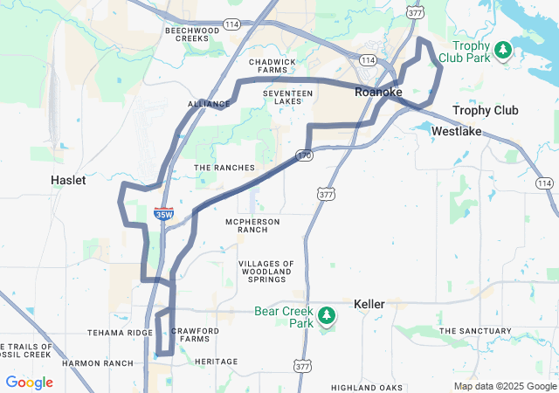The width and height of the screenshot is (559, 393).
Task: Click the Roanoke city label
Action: pyautogui.click(x=378, y=91)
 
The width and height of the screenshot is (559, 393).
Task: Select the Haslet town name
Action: pyautogui.click(x=68, y=180)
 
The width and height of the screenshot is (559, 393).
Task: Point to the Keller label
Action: pyautogui.click(x=369, y=304)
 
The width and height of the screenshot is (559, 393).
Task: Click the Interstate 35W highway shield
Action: pyautogui.click(x=162, y=213)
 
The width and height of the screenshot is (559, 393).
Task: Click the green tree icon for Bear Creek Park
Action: pyautogui.click(x=326, y=314)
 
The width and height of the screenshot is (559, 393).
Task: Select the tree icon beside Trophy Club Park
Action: pyautogui.click(x=502, y=51)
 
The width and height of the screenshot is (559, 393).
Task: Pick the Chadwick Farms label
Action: pyautogui.click(x=273, y=66)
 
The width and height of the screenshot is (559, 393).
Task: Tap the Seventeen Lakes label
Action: pyautogui.click(x=287, y=97)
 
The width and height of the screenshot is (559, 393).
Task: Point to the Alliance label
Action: pyautogui.click(x=208, y=104)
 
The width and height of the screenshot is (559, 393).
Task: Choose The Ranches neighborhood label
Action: pyautogui.click(x=224, y=168)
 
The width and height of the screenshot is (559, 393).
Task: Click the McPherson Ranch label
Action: pyautogui.click(x=252, y=225)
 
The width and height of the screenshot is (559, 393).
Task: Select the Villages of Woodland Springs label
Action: pyautogui.click(x=266, y=271)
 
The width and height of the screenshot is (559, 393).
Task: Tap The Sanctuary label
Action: pyautogui.click(x=475, y=331)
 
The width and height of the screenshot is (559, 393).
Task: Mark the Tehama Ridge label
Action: pyautogui.click(x=121, y=333)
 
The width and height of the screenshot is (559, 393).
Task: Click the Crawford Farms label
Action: pyautogui.click(x=190, y=335)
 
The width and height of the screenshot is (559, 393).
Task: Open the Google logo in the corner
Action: pyautogui.click(x=29, y=383)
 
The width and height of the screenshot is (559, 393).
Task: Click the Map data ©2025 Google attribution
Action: pyautogui.click(x=504, y=386)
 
